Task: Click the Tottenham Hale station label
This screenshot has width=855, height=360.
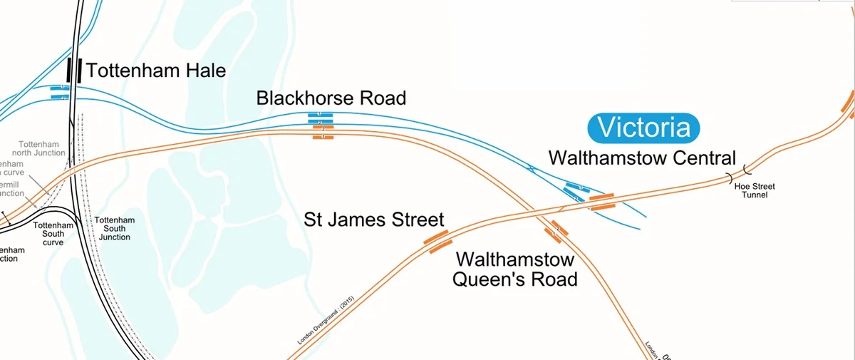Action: point(155,71)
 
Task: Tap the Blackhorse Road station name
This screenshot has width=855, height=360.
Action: point(331,98)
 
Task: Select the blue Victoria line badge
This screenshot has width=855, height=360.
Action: point(643,128)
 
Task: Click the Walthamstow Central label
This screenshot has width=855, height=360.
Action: point(641,158)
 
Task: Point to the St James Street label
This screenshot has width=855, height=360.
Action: point(374,220)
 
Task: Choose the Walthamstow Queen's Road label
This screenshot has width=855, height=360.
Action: point(514,269)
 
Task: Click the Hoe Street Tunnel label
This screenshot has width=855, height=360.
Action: point(755,190)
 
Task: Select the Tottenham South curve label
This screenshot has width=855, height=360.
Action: point(53,234)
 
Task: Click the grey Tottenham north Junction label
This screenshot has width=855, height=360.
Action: point(42,148)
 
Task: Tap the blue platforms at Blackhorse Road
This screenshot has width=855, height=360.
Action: point(320,118)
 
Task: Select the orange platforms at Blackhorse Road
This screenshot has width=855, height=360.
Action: point(323,132)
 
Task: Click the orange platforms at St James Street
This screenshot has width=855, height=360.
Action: point(437,241)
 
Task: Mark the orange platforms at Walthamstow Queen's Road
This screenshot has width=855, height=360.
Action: point(556,232)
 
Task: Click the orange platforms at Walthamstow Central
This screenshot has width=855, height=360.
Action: point(602,202)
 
